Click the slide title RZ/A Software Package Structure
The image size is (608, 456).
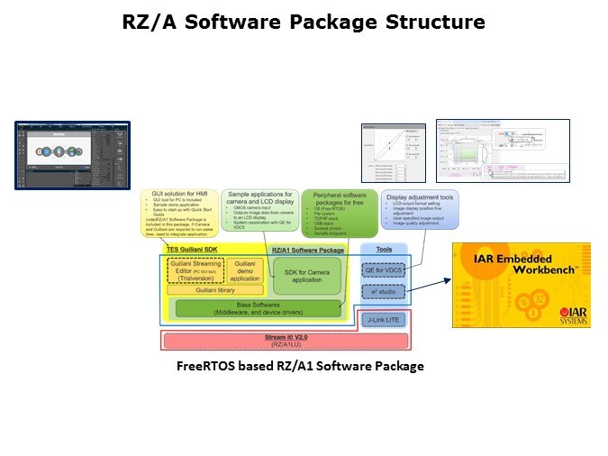(x=304, y=22)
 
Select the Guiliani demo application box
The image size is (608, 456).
(x=244, y=269)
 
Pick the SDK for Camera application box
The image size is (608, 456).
(x=308, y=275)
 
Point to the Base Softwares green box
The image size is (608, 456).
(x=256, y=308)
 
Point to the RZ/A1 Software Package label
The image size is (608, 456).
(x=309, y=249)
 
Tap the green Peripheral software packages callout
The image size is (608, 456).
(x=340, y=212)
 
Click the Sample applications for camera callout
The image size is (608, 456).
(x=261, y=211)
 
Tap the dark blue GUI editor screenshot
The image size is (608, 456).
(x=72, y=155)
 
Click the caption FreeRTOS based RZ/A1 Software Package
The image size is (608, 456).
(x=300, y=366)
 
